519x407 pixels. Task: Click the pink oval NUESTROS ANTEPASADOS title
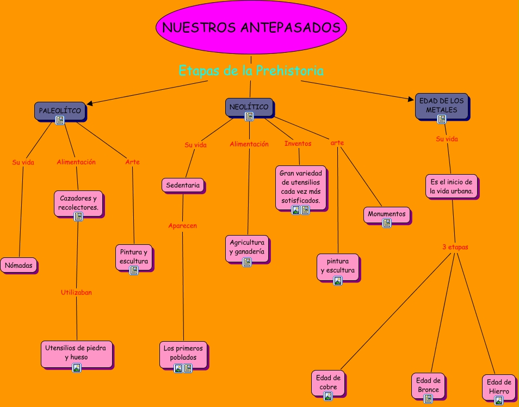(251, 28)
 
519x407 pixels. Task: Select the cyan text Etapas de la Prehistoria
(251, 71)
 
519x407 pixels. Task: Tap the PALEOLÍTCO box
(60, 111)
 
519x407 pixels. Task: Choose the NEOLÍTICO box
(249, 107)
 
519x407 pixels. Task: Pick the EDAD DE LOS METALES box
(441, 106)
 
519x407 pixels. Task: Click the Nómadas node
(18, 266)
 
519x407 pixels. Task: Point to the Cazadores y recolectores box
(78, 203)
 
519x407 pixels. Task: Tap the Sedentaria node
(183, 185)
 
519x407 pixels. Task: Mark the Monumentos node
(386, 214)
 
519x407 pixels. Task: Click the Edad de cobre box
(328, 383)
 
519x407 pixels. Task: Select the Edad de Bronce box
(428, 386)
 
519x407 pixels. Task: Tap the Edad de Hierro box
(498, 387)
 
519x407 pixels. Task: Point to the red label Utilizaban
(76, 292)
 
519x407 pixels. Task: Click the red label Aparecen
(182, 225)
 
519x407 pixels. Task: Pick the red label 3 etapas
(455, 247)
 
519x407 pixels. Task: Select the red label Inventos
(298, 144)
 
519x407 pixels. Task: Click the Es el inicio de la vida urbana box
(451, 186)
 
